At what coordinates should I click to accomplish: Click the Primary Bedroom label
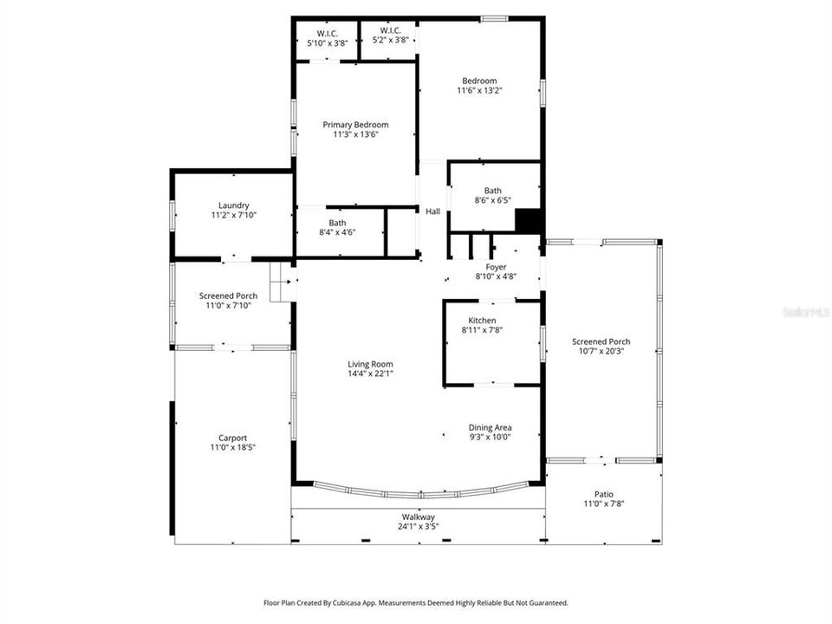[x=355, y=125]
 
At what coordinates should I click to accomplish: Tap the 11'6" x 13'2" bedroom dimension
[x=479, y=90]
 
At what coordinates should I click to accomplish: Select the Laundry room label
[x=234, y=205]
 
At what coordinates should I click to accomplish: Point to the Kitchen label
[x=482, y=321]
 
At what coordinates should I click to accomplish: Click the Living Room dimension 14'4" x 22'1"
[x=370, y=374]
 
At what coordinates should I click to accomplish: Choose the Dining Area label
[x=490, y=427]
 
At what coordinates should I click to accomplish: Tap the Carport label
[x=233, y=438]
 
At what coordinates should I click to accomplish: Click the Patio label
[x=603, y=494]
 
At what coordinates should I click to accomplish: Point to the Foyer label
[x=496, y=267]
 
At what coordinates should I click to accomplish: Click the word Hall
[x=432, y=211]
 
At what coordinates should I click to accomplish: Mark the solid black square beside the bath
[x=527, y=220]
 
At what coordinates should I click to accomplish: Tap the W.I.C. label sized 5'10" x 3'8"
[x=327, y=31]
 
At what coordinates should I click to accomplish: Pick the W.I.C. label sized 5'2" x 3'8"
[x=389, y=31]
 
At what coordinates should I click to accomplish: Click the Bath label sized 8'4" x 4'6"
[x=337, y=223]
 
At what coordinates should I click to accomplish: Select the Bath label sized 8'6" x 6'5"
[x=492, y=191]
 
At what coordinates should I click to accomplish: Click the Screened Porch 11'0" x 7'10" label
[x=228, y=296]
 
